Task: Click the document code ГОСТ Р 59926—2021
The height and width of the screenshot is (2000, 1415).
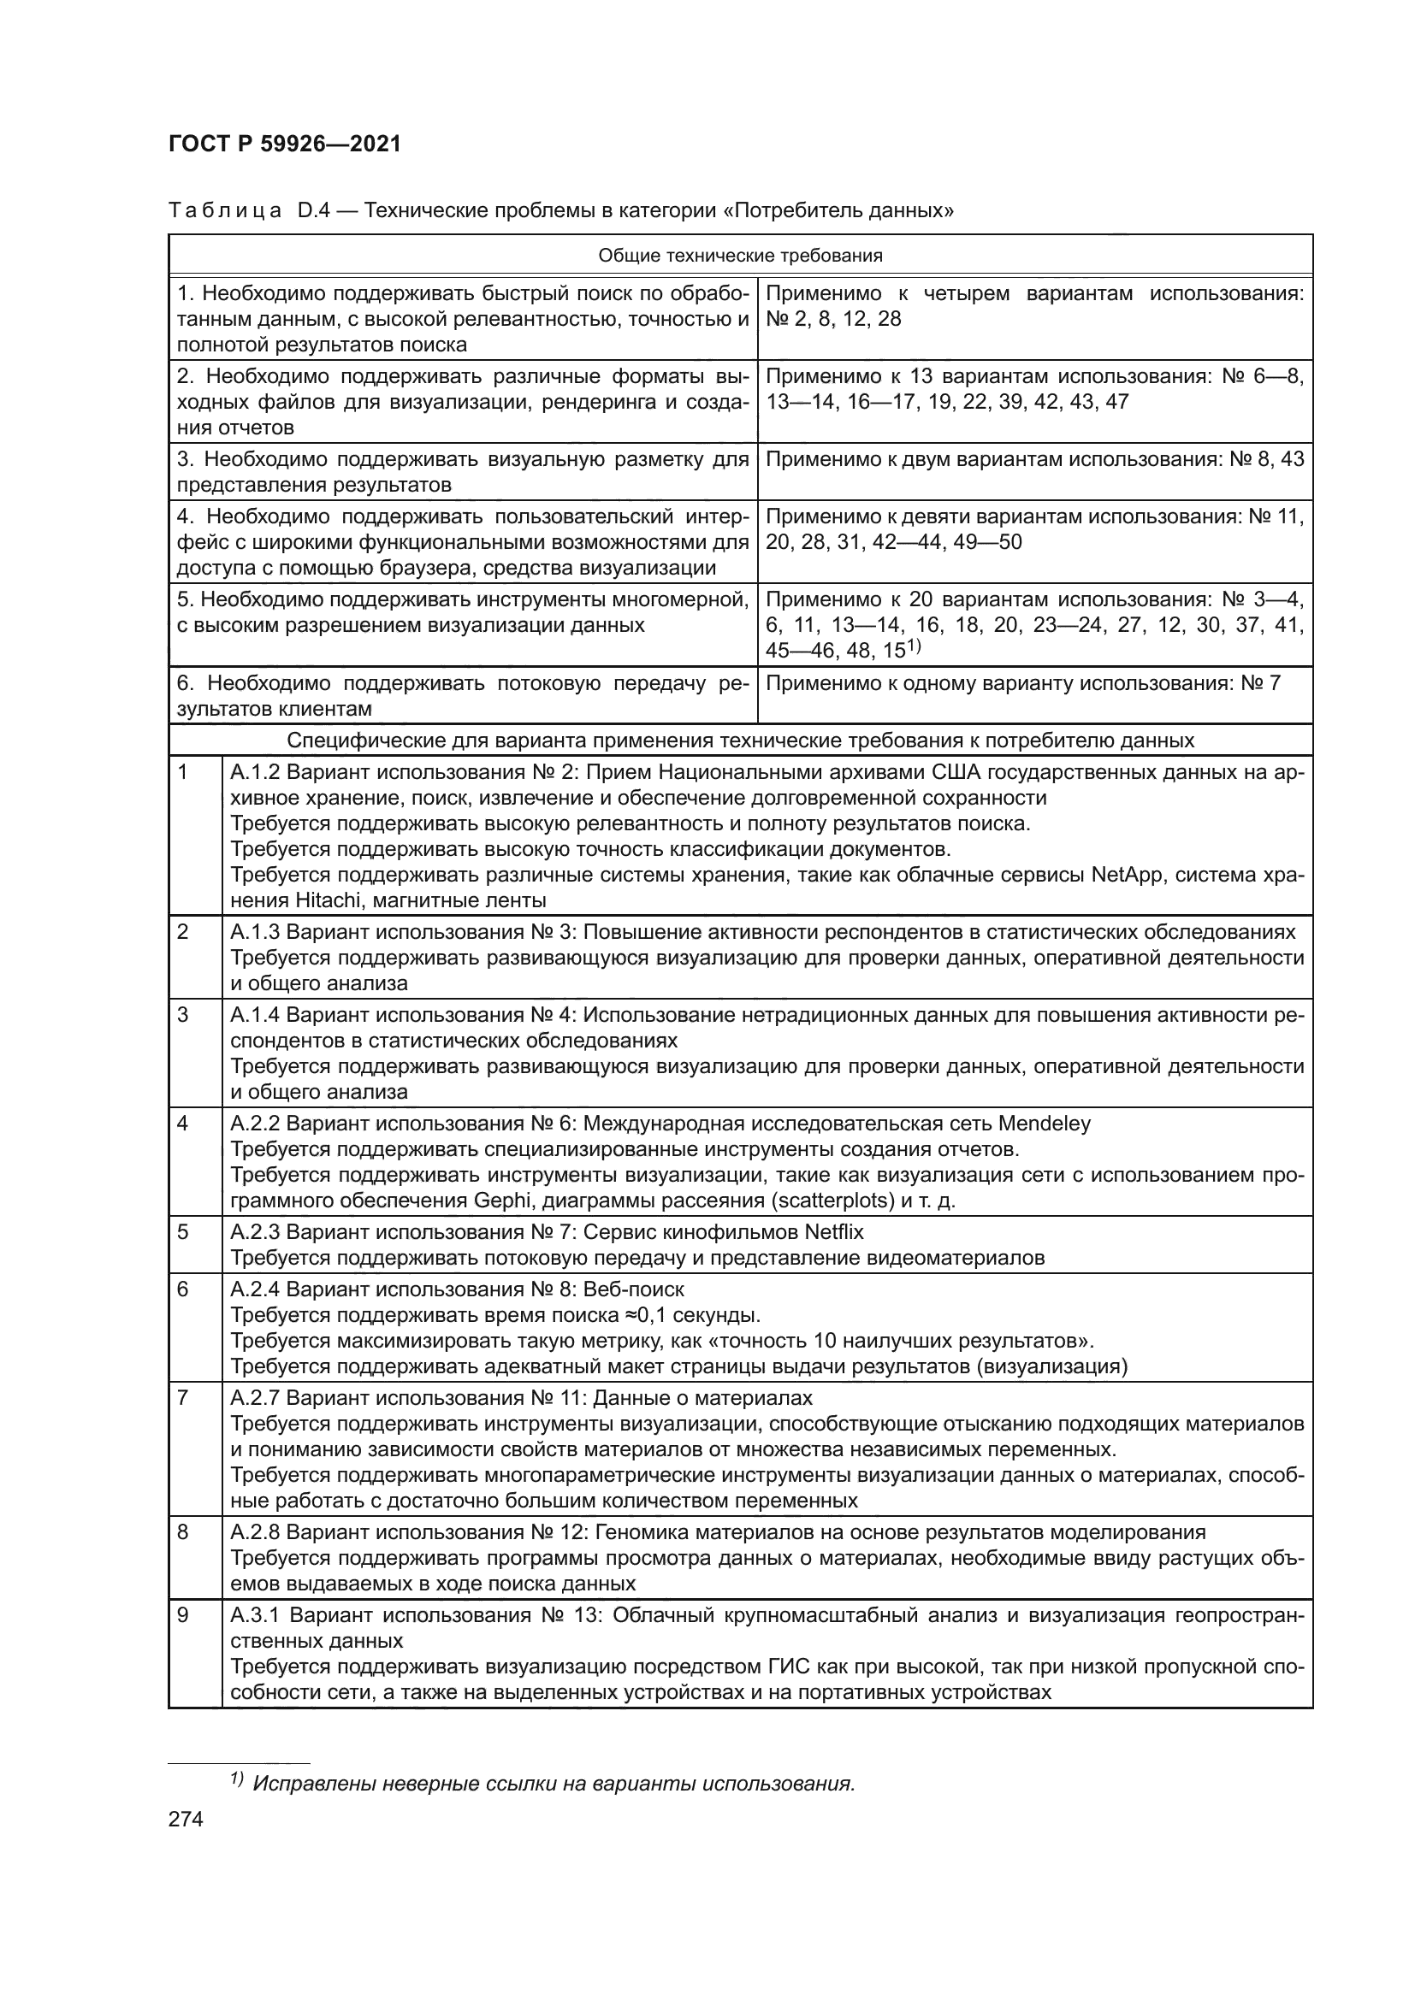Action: coord(285,145)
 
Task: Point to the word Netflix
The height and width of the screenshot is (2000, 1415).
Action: coord(833,1231)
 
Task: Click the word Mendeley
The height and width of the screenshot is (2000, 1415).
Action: coord(1044,1123)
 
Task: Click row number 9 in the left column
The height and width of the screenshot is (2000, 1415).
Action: coord(183,1615)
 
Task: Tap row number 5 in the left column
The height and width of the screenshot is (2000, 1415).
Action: coord(183,1231)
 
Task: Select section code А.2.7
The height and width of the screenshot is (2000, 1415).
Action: coord(254,1398)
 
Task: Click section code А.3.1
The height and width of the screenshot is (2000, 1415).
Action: coord(254,1615)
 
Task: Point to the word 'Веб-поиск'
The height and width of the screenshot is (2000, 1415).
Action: coord(633,1289)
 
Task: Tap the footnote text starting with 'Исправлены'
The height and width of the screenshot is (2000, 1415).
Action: coord(554,1783)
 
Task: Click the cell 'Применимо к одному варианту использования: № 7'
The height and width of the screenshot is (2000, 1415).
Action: coord(1023,683)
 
